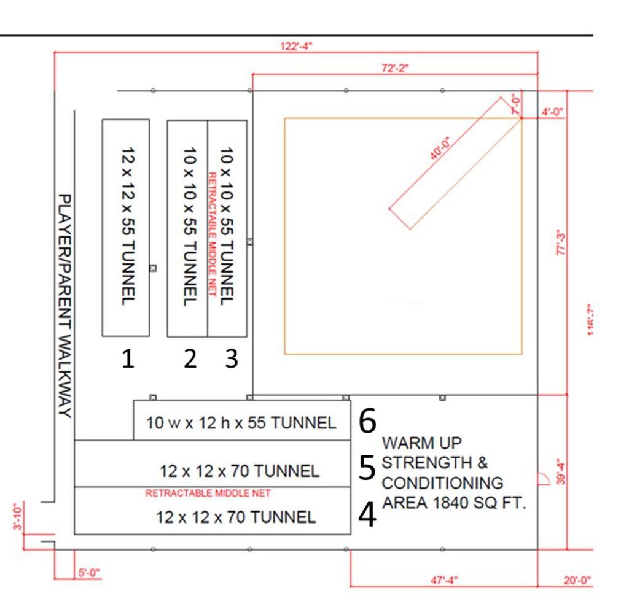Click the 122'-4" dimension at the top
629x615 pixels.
coord(296,46)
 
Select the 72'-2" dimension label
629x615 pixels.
coord(395,68)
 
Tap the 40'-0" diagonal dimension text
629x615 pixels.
coord(440,148)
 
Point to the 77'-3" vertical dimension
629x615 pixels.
coord(561,242)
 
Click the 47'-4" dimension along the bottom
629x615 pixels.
coord(444,580)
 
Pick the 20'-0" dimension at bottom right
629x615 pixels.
coord(577,580)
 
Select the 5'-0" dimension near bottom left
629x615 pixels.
coord(89,573)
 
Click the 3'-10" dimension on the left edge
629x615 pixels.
coord(18,516)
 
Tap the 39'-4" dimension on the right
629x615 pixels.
coord(561,471)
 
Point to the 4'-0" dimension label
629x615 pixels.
coord(552,112)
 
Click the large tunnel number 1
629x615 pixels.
coord(128,358)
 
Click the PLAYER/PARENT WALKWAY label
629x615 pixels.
coord(65,306)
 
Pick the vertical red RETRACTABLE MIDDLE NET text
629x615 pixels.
coord(212,234)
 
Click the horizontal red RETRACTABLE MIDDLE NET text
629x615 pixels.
coord(208,493)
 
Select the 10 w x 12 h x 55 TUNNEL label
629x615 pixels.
coord(241,423)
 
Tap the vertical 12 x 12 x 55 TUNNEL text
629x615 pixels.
coord(128,226)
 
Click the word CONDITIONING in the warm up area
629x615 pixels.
coord(442,482)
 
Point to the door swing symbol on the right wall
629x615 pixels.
coord(544,479)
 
